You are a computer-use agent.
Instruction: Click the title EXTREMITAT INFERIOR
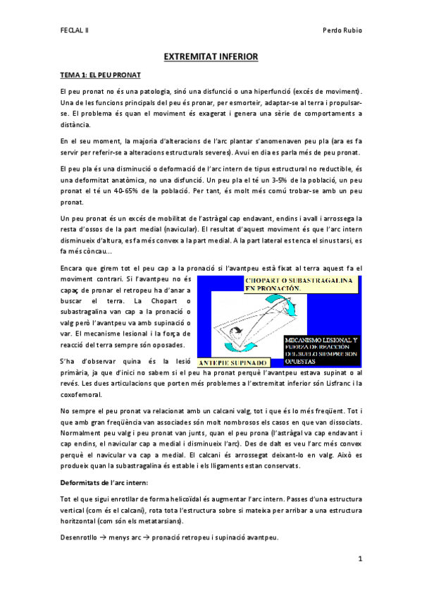click(211, 56)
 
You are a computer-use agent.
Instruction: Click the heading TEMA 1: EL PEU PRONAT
click(100, 74)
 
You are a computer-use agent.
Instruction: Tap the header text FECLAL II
click(73, 31)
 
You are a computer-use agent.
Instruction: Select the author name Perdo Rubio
click(341, 31)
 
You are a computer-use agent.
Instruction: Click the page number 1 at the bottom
click(359, 559)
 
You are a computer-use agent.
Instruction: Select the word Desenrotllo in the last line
click(79, 538)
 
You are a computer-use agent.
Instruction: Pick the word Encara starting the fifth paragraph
click(73, 268)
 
